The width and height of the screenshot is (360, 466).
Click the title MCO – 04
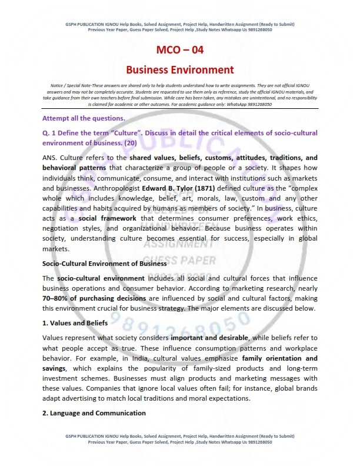point(180,50)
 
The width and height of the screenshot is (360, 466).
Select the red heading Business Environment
point(180,70)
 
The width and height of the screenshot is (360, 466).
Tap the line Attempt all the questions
point(84,118)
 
